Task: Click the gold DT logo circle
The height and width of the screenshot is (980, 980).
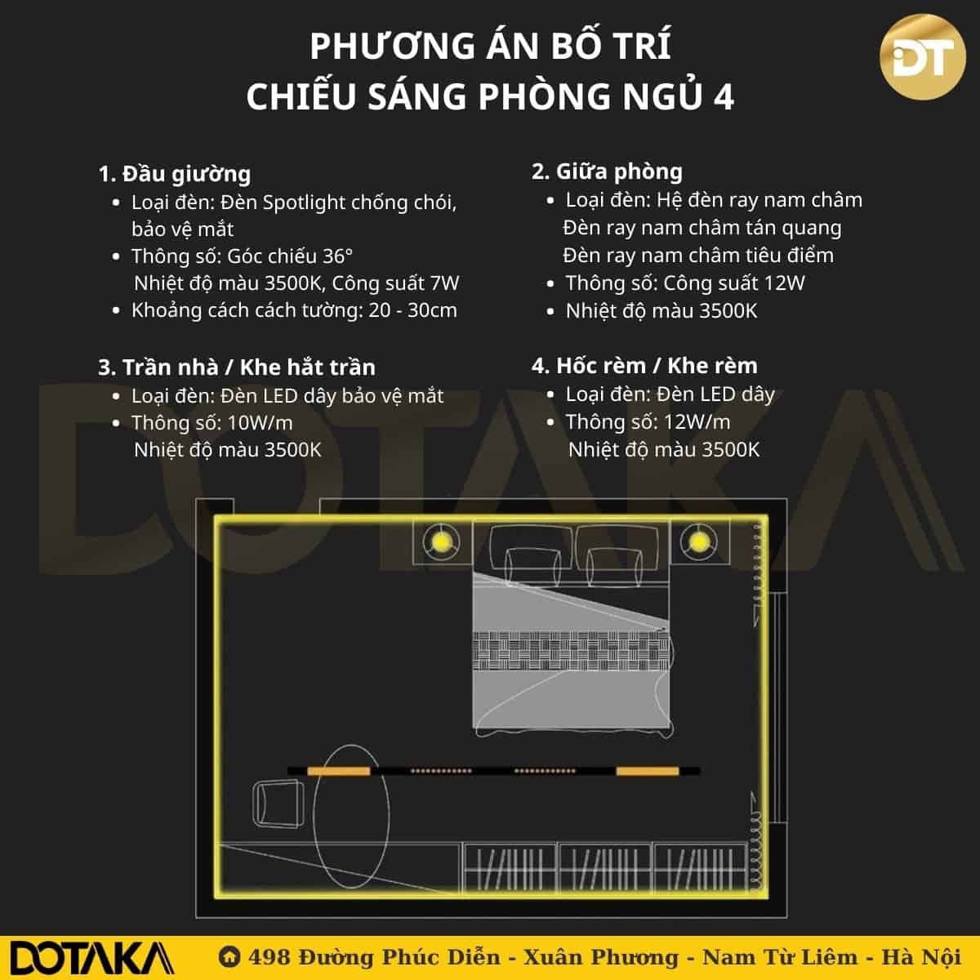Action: [922, 57]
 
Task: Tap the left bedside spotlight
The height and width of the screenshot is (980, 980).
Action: [440, 541]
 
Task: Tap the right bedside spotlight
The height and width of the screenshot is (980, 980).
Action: [698, 541]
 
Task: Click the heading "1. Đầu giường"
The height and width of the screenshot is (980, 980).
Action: [175, 175]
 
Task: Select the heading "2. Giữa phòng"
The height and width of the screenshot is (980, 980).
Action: [607, 171]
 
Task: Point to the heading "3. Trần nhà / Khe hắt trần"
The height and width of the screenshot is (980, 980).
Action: [237, 367]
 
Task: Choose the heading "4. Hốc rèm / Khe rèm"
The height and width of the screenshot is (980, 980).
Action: [644, 366]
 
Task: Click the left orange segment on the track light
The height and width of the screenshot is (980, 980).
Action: [339, 772]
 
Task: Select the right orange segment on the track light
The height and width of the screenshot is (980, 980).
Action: [648, 772]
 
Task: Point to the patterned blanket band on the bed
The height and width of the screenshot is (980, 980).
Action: [571, 652]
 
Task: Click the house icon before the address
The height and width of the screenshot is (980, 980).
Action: [229, 956]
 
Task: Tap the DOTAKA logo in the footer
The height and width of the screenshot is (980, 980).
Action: [91, 959]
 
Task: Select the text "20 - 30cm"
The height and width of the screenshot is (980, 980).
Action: [412, 310]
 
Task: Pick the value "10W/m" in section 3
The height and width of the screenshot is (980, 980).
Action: [260, 423]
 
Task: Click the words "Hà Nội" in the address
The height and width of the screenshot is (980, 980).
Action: [921, 956]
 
